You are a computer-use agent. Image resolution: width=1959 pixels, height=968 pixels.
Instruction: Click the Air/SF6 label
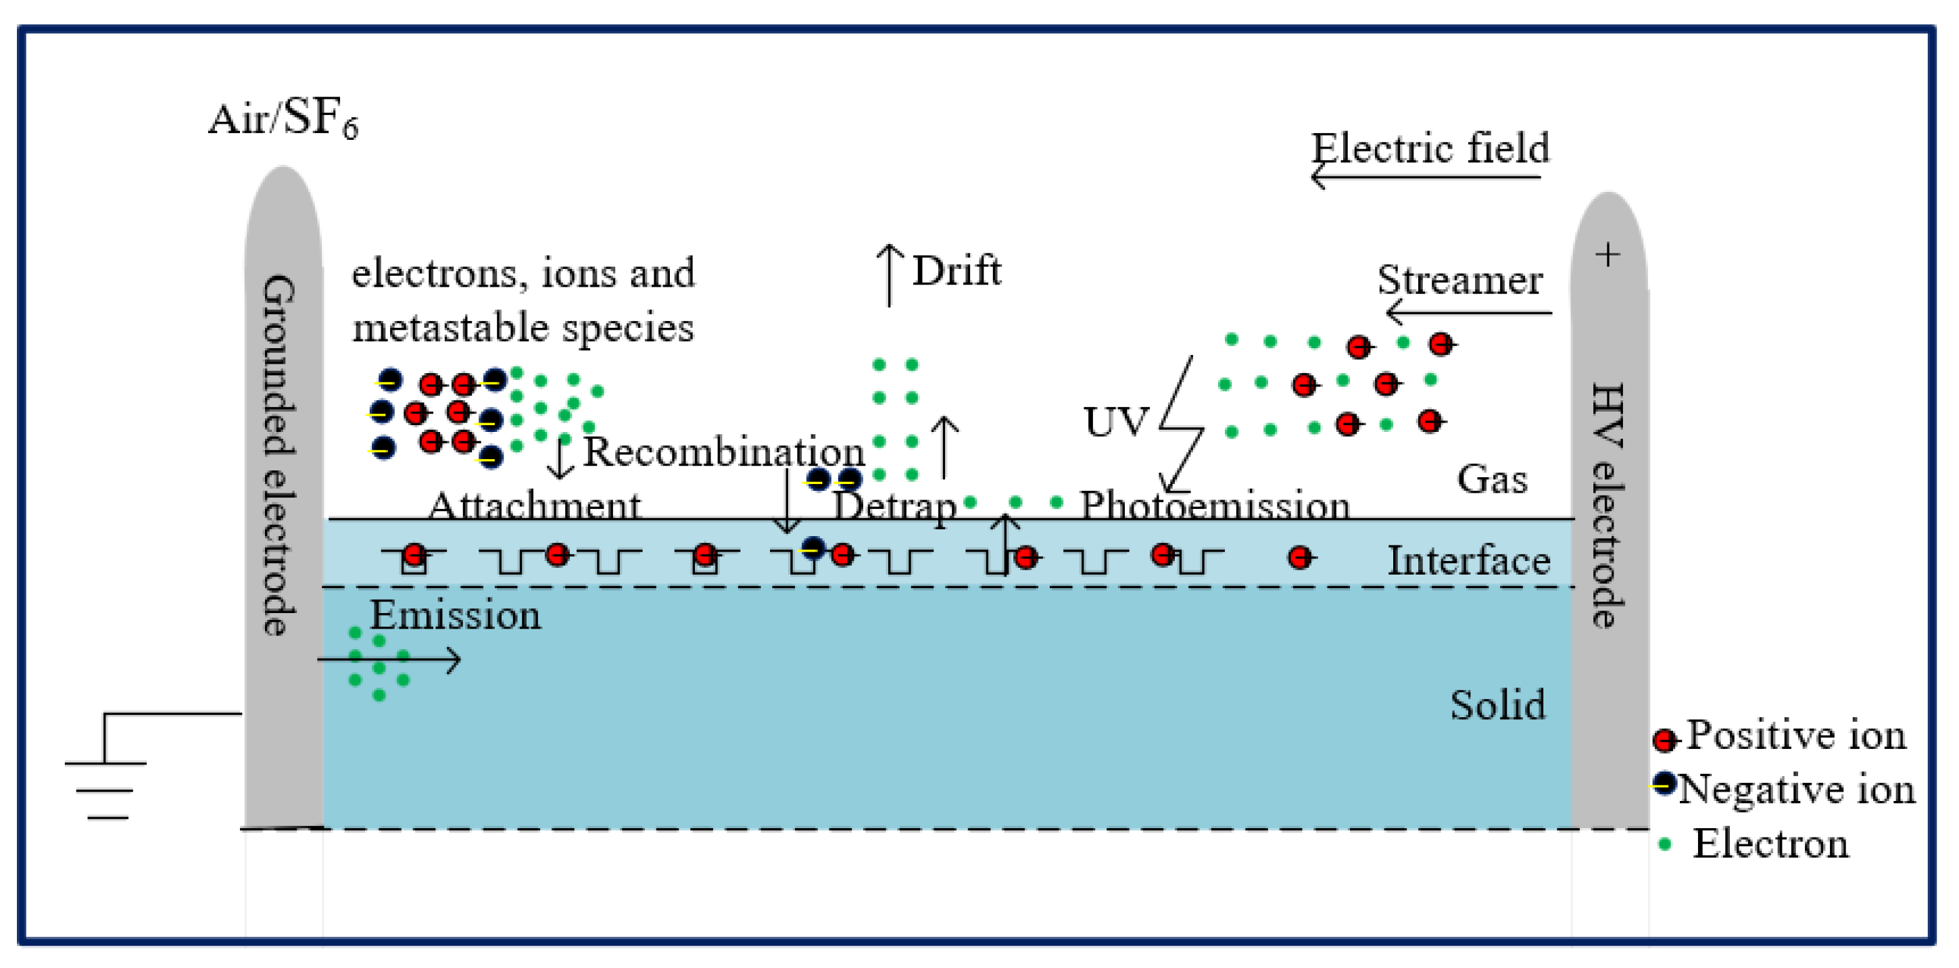(x=282, y=120)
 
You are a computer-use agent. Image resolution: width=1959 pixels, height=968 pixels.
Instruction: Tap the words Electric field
(x=1430, y=147)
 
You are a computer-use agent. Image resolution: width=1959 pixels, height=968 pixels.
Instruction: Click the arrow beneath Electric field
(x=1426, y=178)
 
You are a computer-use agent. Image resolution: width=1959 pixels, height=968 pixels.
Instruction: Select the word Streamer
(x=1460, y=280)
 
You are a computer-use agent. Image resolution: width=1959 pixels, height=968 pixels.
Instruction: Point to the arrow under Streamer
(x=1468, y=312)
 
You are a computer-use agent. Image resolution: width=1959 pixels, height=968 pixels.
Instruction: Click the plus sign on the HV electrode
(x=1607, y=255)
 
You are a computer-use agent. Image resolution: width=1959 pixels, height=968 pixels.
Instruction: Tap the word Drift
(x=957, y=270)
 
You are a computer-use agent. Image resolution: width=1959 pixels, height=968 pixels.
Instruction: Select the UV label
(x=1115, y=422)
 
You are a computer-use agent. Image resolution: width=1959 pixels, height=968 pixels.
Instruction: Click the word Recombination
(x=723, y=452)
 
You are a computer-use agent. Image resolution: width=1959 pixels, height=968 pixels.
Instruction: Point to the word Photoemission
(x=1215, y=505)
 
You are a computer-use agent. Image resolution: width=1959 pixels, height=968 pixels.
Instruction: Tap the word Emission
(x=455, y=615)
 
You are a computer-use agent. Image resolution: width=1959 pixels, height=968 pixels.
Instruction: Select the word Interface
(x=1468, y=561)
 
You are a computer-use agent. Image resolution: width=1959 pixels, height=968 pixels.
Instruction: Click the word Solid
(x=1497, y=705)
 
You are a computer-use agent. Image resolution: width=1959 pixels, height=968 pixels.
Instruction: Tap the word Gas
(x=1491, y=479)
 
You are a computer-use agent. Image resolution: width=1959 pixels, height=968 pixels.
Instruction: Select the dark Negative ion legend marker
(x=1665, y=784)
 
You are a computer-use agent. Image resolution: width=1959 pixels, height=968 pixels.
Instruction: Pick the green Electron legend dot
(x=1664, y=845)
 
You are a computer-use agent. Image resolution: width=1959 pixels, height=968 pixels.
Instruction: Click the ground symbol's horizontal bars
(x=105, y=791)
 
